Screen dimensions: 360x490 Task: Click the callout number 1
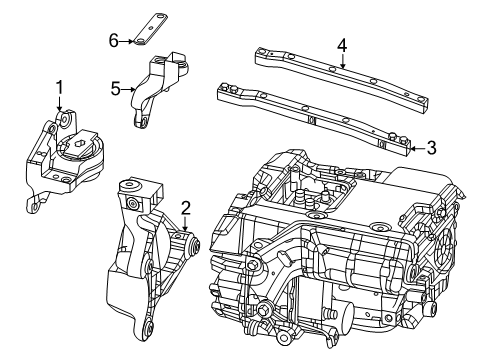coord(59,87)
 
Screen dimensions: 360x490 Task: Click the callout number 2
coord(185,207)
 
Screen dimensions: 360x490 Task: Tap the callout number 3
coord(430,148)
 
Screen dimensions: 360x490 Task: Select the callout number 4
coord(342,45)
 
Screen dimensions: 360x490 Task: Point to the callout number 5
coord(115,88)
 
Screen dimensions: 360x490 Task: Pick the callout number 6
coord(114,39)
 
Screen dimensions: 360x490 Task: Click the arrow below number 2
coord(185,224)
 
